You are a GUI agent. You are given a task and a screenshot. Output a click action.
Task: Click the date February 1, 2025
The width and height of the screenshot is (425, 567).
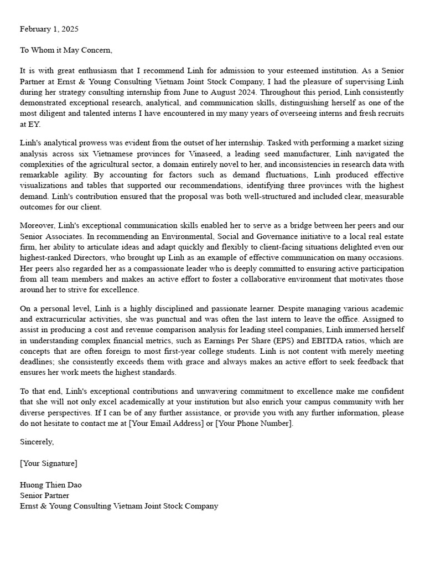(x=50, y=29)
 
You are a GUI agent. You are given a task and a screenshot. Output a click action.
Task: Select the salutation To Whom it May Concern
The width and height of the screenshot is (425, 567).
(x=66, y=50)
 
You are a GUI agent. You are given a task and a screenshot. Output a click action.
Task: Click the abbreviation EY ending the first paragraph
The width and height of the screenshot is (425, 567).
(x=25, y=123)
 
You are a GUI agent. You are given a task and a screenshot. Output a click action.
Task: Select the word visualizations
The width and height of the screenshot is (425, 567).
(x=45, y=186)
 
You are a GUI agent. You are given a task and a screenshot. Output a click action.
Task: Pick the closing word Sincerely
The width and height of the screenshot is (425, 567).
(x=37, y=442)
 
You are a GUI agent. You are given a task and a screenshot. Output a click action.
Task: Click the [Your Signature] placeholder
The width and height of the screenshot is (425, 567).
(x=49, y=463)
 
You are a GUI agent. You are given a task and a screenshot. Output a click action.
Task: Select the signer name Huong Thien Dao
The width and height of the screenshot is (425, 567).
(x=51, y=484)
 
